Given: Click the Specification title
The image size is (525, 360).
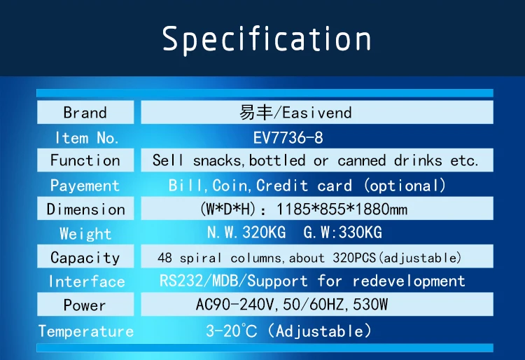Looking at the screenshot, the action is pos(267,39).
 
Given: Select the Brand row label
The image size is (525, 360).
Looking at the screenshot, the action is pos(85,113).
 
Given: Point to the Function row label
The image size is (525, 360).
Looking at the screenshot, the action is pos(85,160).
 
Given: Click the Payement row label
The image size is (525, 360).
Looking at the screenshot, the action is pos(85,186).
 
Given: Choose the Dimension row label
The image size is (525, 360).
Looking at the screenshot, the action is pos(85,209).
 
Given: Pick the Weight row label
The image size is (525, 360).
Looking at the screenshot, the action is pos(85,233).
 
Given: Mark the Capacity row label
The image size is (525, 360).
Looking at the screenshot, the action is pos(85,258).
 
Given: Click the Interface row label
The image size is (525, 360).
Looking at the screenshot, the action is pos(86,282).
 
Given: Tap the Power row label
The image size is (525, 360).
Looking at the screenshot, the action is pos(85,305).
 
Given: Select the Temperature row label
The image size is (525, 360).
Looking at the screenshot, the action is pos(85,331).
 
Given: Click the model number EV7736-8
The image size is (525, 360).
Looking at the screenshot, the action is pos(288,137).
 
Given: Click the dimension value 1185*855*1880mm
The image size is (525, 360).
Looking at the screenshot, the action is pos(342,209).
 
